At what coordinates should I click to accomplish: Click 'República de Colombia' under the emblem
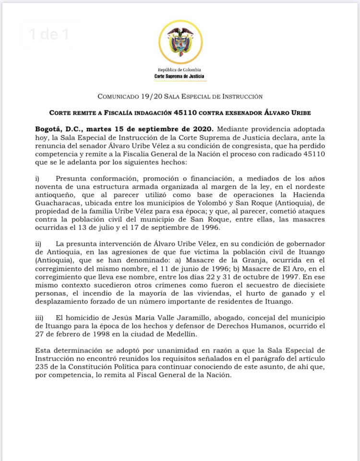pyautogui.click(x=180, y=70)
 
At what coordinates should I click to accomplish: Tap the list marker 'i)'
pyautogui.click(x=37, y=179)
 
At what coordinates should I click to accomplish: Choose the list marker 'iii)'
pyautogui.click(x=39, y=317)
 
